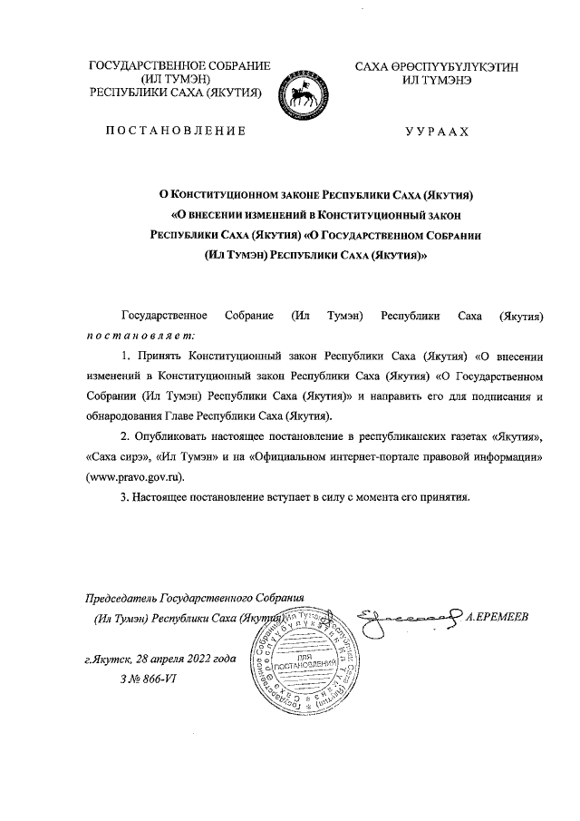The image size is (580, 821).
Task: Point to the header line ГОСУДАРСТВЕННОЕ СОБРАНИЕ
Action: [179, 66]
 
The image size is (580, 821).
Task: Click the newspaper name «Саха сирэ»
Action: [118, 457]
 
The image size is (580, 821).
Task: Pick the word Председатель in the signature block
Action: [121, 600]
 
